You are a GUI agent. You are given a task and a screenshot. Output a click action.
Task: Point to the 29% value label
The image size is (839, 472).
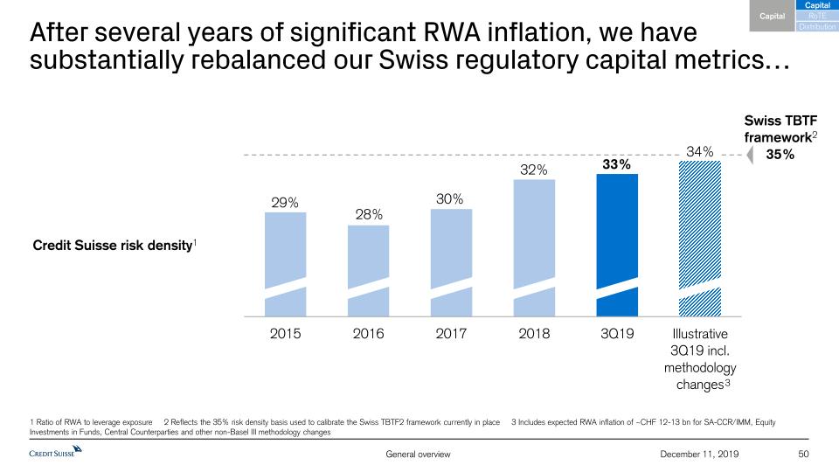click(x=285, y=203)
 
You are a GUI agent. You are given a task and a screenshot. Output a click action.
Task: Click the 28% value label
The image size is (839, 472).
click(x=368, y=214)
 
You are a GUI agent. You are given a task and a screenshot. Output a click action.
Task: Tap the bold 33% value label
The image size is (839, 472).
click(x=616, y=163)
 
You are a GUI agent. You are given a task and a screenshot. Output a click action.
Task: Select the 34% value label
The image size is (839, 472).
click(x=700, y=152)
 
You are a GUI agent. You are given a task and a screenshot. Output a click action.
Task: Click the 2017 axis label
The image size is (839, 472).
click(x=451, y=333)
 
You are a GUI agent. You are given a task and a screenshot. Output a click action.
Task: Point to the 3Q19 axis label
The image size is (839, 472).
click(x=617, y=333)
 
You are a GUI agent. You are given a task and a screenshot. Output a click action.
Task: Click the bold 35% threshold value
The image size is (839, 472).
click(x=780, y=155)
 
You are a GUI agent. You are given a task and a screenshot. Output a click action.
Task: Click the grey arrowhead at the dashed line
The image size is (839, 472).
click(x=747, y=156)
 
